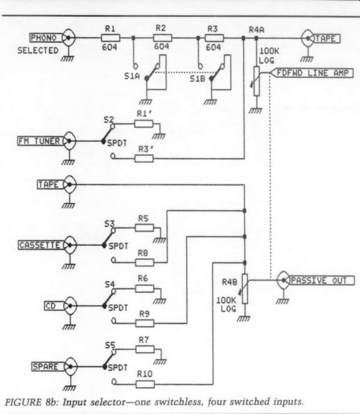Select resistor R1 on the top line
[x=111, y=38]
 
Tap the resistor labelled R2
[x=163, y=38]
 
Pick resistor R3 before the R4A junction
[x=215, y=38]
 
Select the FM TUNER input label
[x=40, y=141]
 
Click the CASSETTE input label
[x=40, y=245]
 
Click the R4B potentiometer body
[x=245, y=289]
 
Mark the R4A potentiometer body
[x=256, y=81]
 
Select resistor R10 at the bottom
[x=145, y=384]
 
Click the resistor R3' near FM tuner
[x=144, y=159]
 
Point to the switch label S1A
[x=132, y=77]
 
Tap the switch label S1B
[x=197, y=79]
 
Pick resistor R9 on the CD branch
[x=145, y=323]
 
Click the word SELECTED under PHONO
[x=38, y=50]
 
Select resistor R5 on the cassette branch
[x=145, y=228]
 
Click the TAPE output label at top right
[x=326, y=39]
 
